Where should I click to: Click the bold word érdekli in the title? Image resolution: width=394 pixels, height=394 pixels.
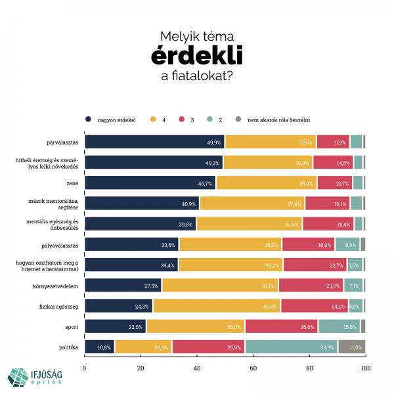tap(196, 56)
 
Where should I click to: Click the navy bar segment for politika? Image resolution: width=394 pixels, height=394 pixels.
tap(100, 347)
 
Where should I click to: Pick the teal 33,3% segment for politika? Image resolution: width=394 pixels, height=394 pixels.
tap(292, 347)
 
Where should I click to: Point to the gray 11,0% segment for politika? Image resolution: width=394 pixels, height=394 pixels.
tap(351, 347)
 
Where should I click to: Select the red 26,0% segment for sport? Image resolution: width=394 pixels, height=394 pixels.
tap(281, 326)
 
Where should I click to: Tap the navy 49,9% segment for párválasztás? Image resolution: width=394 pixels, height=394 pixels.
tap(154, 142)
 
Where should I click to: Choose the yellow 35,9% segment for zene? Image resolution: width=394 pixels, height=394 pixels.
tap(266, 183)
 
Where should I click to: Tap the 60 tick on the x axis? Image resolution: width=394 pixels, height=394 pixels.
tap(253, 368)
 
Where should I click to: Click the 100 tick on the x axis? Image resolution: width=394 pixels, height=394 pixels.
tap(365, 368)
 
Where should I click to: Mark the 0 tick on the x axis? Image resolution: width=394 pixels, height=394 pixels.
tap(85, 368)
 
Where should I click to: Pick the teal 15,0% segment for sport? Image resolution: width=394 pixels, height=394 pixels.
tap(339, 326)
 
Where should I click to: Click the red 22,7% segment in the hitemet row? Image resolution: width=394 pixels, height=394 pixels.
tap(314, 265)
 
